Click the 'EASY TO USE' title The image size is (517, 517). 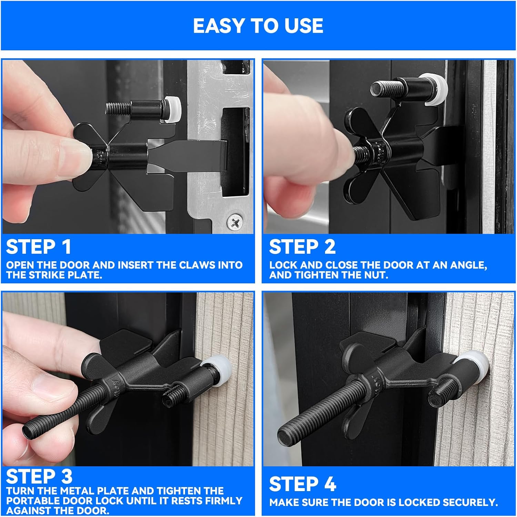point(258,26)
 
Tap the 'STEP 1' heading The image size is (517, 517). point(39,247)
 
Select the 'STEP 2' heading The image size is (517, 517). point(302,247)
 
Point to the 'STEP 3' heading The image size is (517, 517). point(39,477)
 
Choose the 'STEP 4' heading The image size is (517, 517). point(303,484)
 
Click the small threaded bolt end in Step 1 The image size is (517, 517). point(114,109)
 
